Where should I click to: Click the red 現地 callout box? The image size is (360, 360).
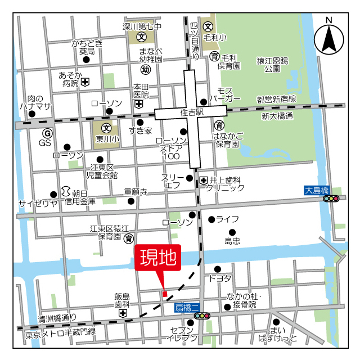pos(158,259)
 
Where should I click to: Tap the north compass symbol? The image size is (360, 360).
pos(328,38)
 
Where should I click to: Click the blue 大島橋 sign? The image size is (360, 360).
pos(316,190)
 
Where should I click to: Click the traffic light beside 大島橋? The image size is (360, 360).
pos(332,198)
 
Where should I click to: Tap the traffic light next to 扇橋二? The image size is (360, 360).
pos(202,316)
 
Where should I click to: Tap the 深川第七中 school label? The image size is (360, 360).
pos(142,26)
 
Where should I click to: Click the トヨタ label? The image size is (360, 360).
pos(220,278)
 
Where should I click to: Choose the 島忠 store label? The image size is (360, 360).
pos(232,241)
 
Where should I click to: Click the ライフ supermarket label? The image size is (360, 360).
pos(227,219)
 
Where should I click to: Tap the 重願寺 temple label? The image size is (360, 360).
pos(136,191)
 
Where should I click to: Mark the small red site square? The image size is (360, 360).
pos(165,294)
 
